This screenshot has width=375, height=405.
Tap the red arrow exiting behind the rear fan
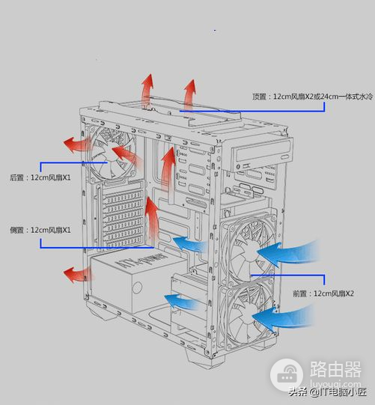click(x=73, y=141)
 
